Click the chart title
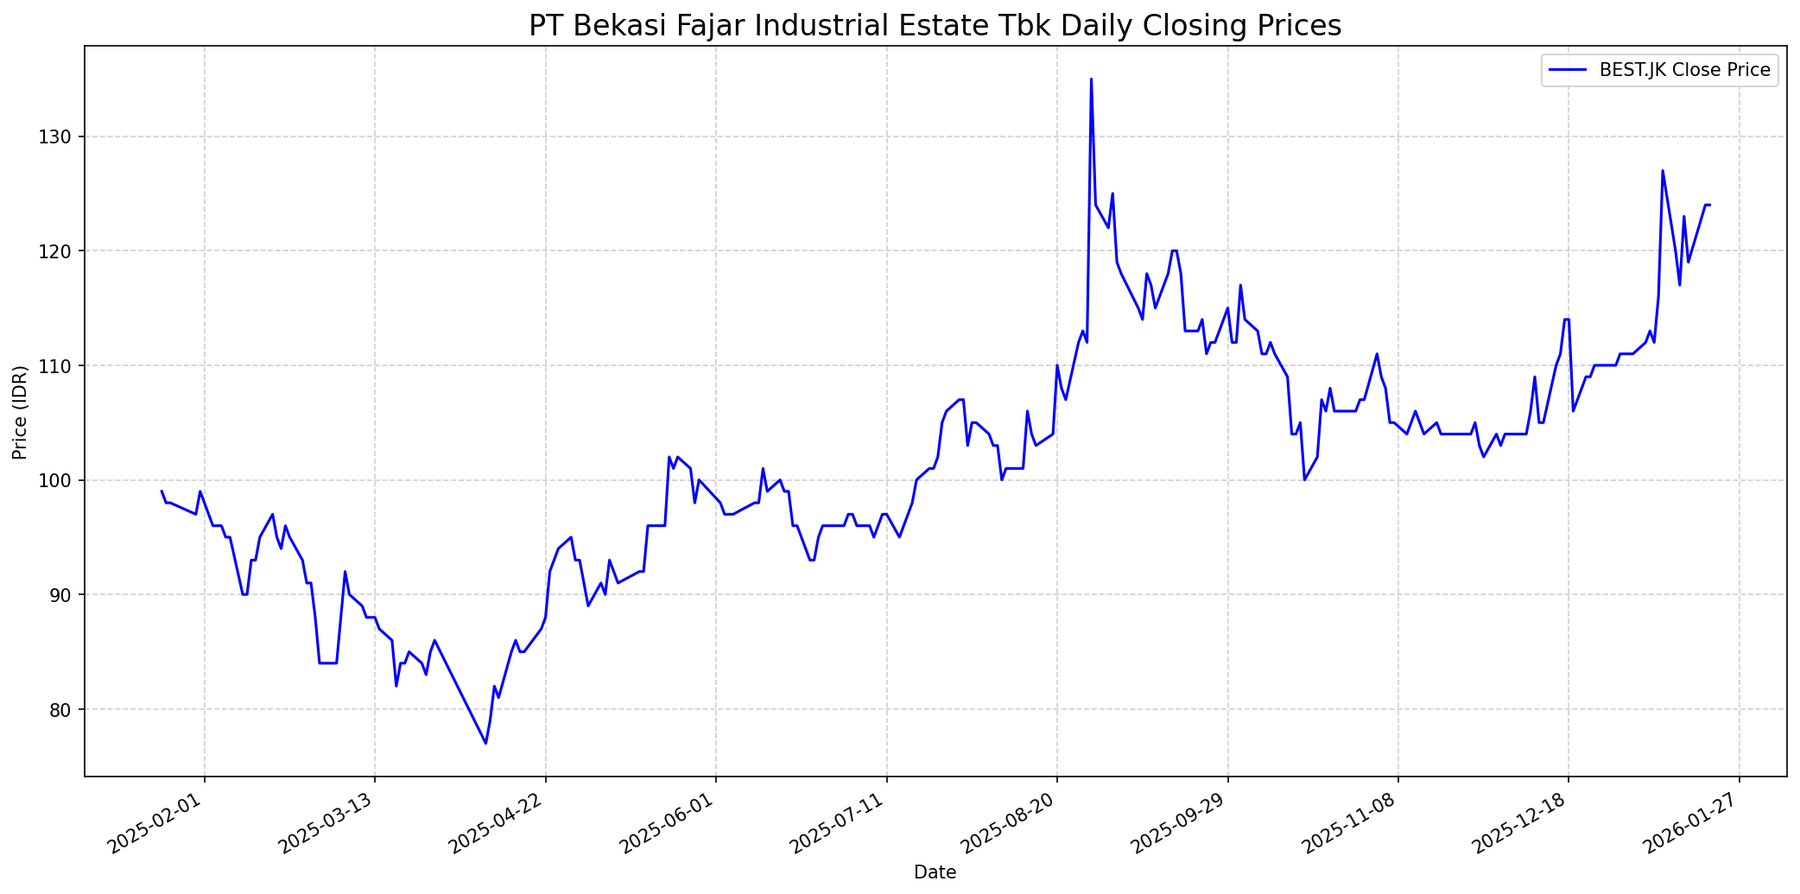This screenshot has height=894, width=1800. [x=935, y=26]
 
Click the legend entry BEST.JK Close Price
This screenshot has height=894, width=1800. [x=1684, y=70]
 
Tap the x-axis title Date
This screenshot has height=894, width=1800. [x=935, y=872]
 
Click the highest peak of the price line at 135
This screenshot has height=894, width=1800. [x=1091, y=79]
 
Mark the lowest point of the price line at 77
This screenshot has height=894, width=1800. [x=485, y=743]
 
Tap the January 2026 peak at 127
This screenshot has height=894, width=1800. [x=1662, y=171]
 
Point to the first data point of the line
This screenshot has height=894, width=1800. [x=162, y=491]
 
